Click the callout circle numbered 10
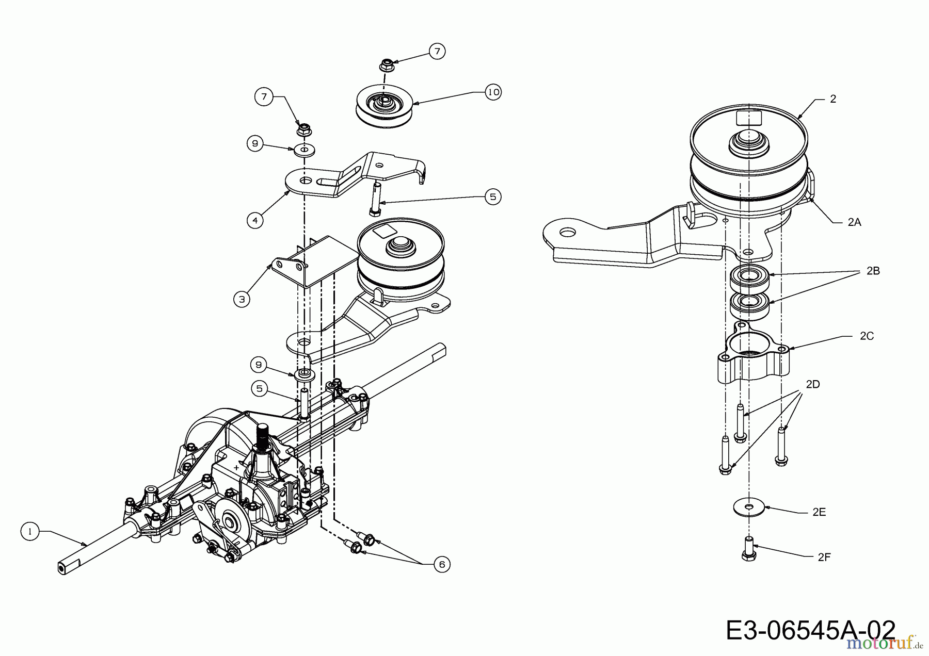click(493, 92)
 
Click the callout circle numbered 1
click(30, 531)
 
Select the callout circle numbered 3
click(242, 299)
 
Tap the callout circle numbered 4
click(255, 220)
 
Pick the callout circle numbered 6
click(442, 564)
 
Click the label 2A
click(854, 222)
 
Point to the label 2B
click(873, 271)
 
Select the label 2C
click(867, 336)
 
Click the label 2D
click(812, 384)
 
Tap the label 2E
click(819, 512)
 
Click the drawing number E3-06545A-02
click(810, 630)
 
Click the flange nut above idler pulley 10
click(385, 65)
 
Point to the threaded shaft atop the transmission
click(263, 436)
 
